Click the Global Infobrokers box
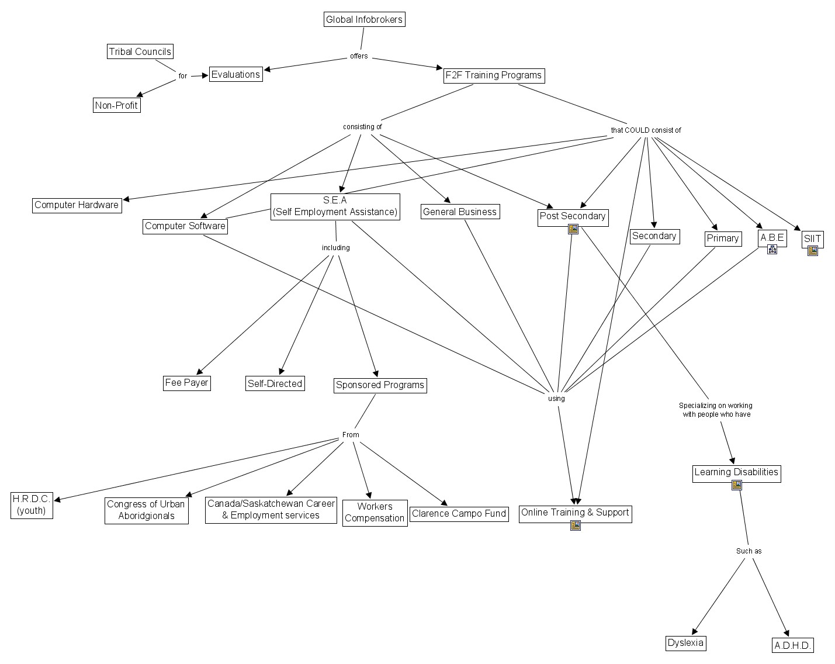tap(365, 19)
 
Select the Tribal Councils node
tap(140, 51)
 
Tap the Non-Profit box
tap(116, 105)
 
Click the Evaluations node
tap(236, 74)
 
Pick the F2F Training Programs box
tap(494, 75)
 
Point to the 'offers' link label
tap(359, 56)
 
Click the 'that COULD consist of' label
tap(646, 130)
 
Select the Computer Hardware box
tap(77, 205)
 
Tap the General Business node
tap(460, 212)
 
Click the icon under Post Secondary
tap(573, 229)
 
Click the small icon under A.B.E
tap(772, 250)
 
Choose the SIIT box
tap(812, 239)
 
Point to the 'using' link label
tap(556, 398)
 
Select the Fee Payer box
tap(187, 383)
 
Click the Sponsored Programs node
tap(380, 385)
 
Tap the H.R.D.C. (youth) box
tap(32, 505)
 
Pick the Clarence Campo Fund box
tap(459, 514)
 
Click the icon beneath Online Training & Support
tap(576, 525)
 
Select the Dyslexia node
tap(685, 642)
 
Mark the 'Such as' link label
tap(749, 551)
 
